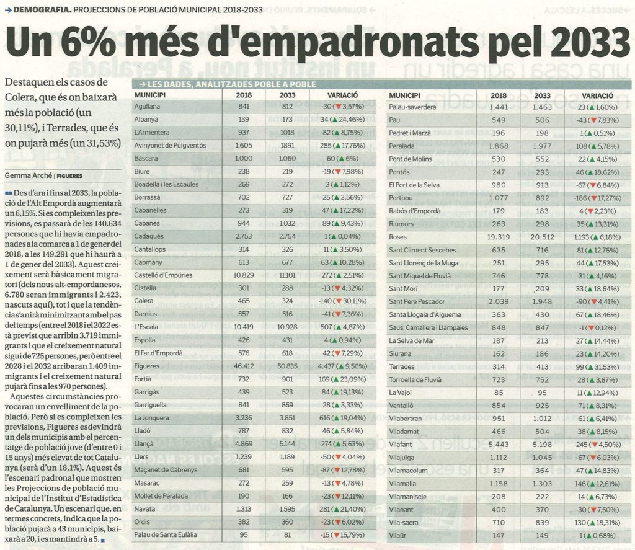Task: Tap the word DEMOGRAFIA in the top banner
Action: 43,9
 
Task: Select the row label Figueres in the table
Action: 146,366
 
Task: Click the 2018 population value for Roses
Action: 499,237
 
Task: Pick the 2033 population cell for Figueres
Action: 288,366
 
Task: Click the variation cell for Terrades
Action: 598,367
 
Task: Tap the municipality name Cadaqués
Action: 149,236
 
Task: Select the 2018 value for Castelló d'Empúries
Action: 244,275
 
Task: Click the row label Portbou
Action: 401,198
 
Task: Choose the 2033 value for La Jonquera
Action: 288,418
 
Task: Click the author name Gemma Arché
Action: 29,175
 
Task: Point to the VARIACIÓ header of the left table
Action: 342,95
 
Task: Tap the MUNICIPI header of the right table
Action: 404,95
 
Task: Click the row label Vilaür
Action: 397,535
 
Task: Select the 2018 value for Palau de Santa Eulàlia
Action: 244,534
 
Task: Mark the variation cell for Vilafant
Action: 598,445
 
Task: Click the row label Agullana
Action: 147,107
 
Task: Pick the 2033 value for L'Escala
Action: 288,327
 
